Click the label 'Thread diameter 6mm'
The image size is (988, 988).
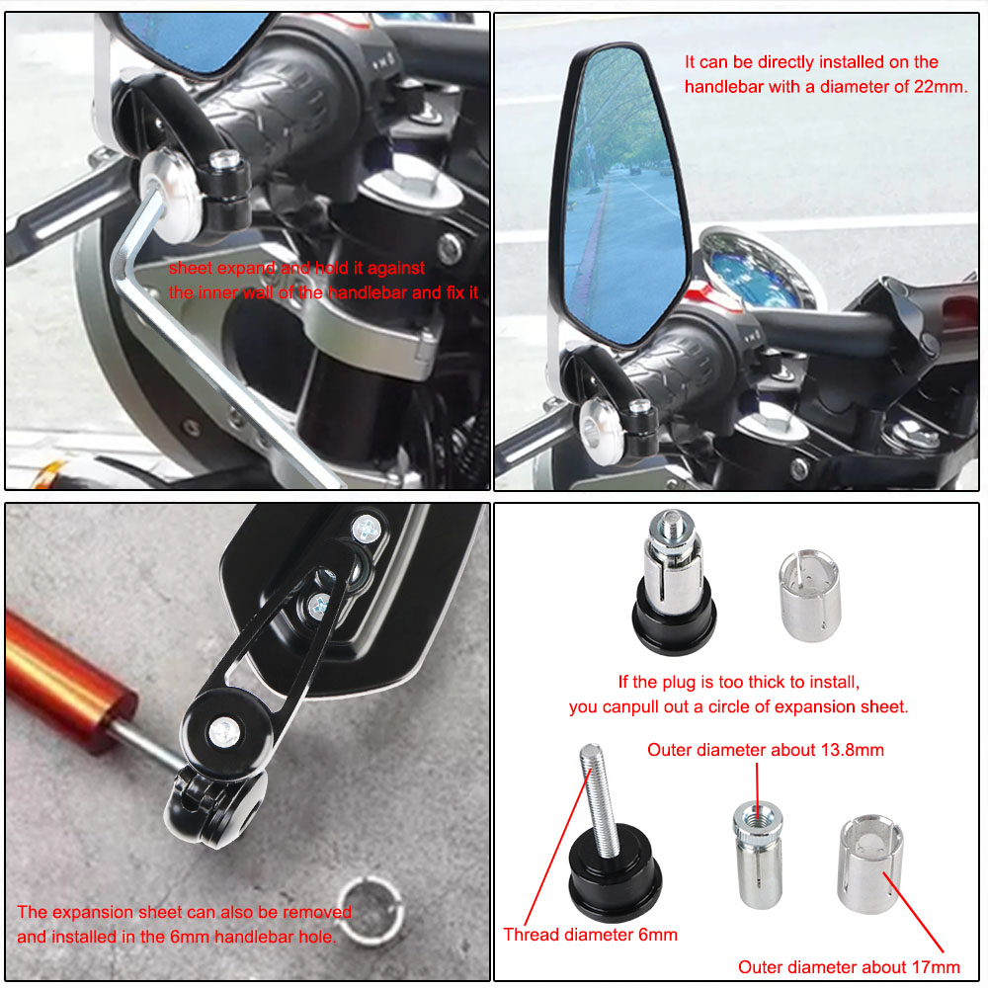(x=590, y=934)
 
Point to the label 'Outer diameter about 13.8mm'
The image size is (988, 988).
(x=766, y=750)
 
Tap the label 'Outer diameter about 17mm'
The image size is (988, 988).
(x=849, y=967)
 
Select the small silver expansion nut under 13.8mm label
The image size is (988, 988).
(x=757, y=854)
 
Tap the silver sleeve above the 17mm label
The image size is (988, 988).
(x=869, y=864)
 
